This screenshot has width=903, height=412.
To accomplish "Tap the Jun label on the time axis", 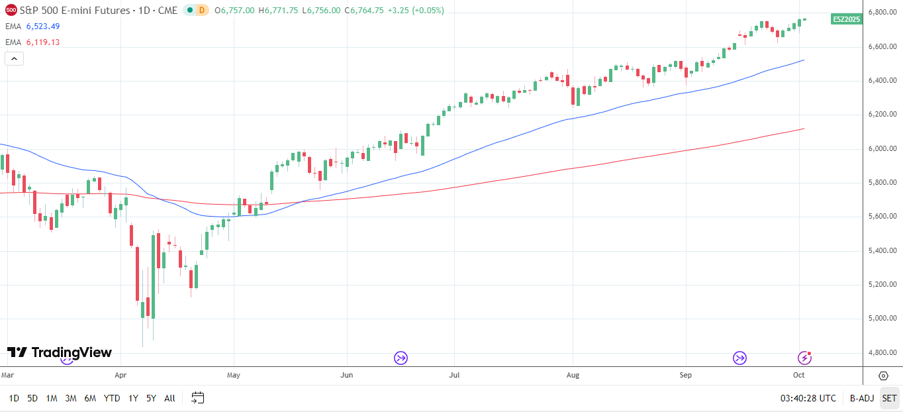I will point(346,375).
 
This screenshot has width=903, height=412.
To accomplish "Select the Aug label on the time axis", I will point(573,375).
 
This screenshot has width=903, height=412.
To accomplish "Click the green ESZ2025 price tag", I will point(846,19).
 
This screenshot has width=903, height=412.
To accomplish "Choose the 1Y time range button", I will point(133,398).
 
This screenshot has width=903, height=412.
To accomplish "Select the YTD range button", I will point(112,398).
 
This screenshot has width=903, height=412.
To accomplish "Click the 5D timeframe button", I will point(32,398).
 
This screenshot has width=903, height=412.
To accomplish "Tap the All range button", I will point(169,398).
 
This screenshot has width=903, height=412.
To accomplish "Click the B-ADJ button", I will point(862,398).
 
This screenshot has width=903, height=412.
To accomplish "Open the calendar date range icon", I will point(197,398).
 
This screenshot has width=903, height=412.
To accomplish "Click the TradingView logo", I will point(60,352).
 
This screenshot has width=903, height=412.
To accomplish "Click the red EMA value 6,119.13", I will point(43,42).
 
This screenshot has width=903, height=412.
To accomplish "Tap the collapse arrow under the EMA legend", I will point(15,58).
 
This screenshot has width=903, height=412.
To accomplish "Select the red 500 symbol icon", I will point(11,10).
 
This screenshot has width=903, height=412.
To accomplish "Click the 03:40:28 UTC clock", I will point(808,398).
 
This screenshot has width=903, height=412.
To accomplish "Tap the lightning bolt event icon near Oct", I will point(804,358).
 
